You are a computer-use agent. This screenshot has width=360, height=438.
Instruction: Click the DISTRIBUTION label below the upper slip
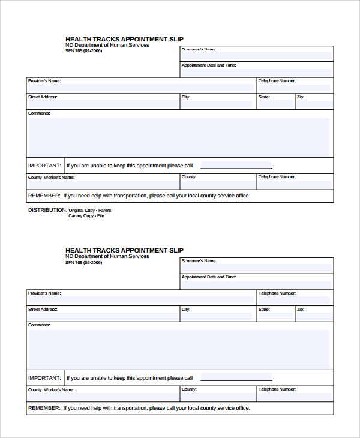point(47,211)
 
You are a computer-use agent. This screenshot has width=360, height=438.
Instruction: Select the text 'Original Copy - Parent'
point(90,211)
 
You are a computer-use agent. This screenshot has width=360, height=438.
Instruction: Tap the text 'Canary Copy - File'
point(86,216)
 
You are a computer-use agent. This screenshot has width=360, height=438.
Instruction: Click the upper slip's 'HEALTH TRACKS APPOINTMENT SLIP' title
point(124,39)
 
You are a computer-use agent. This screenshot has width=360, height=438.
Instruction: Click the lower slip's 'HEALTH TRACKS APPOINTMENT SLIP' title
point(124,250)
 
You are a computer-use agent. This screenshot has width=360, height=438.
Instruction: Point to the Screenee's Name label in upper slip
point(199,49)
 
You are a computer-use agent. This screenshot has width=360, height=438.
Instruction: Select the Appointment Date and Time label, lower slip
point(209,277)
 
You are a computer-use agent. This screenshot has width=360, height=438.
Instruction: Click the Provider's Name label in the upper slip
point(44,80)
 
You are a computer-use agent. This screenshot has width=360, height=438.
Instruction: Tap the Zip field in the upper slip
point(314,104)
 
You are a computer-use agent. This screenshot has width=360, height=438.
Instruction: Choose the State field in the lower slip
point(275,316)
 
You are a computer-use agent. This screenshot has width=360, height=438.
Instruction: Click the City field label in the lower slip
point(186,310)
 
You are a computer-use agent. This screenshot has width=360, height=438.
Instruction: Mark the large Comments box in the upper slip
point(179,137)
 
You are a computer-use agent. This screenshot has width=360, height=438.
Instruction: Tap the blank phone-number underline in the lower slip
point(236,379)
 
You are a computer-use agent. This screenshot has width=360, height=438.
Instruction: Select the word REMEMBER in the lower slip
point(44,408)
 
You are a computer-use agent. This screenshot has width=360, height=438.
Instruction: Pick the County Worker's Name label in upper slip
point(51,177)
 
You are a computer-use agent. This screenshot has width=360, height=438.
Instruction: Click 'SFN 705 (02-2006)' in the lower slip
point(83,263)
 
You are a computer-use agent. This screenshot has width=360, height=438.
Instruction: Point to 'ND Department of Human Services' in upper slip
point(107,45)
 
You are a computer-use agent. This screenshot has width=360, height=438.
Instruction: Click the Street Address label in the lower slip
point(43,310)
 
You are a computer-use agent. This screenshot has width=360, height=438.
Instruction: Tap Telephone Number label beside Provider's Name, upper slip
point(277,80)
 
